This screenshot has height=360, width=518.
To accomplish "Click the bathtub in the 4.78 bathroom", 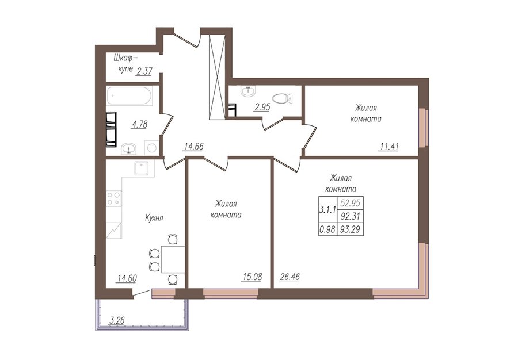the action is pos(129,96).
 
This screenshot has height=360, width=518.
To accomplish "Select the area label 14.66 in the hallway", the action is pos(193,146).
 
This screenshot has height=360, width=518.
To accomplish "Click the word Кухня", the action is pos(154,218).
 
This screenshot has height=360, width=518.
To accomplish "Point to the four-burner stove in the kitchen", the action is pos(113,198).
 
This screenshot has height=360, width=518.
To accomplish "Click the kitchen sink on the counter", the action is pos(144,168).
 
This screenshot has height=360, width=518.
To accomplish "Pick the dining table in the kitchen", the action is pos(173,259).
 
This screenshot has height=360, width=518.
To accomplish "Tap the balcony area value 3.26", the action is pos(117,320).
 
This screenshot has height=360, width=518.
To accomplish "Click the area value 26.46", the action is pos(290,277).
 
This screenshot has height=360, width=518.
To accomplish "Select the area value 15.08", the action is pos(252,277).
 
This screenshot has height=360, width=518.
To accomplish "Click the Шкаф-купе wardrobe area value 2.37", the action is pos(144,70).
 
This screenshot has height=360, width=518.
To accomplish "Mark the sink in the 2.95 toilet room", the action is pos(248,91).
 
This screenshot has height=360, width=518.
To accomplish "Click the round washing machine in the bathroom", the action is pos(151,147).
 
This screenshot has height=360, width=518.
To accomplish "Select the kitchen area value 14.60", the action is pos(127,278).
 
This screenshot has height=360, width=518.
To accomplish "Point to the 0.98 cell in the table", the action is pos(327,229).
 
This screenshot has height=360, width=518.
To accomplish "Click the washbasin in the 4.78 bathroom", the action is pos(129,148).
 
